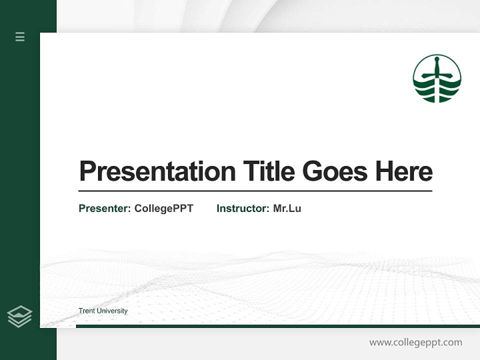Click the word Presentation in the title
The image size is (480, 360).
[157, 171]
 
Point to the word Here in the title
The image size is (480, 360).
[404, 171]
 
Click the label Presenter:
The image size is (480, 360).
[105, 208]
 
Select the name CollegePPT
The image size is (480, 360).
[163, 208]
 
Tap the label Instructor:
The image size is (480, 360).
[243, 208]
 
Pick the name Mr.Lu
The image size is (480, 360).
[287, 208]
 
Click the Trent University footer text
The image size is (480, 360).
[103, 311]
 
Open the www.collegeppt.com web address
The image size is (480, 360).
[415, 342]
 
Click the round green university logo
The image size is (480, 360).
[437, 78]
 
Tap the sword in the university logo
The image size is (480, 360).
[436, 72]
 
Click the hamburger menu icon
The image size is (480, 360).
[20, 36]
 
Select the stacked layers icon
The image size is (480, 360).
[19, 316]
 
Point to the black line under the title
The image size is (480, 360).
[255, 191]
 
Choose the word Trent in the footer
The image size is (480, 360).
[86, 311]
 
